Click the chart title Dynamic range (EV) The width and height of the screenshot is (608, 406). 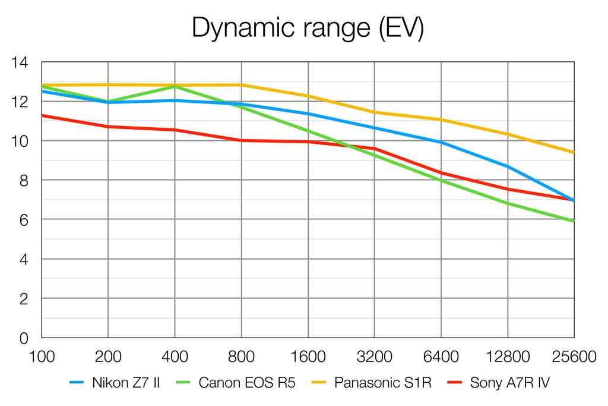[x=308, y=28]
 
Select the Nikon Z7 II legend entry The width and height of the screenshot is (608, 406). [x=125, y=382]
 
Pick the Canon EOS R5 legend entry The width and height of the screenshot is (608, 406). [x=246, y=382]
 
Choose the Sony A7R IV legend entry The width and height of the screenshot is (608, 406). [x=509, y=382]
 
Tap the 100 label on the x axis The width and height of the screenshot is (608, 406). [x=42, y=357]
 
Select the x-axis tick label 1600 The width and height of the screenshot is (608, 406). [x=308, y=357]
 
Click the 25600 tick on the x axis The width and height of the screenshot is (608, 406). [x=573, y=357]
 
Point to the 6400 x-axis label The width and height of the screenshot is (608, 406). [x=441, y=357]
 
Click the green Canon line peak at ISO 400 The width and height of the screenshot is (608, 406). [x=175, y=86]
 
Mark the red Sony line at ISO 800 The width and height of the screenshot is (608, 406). [x=242, y=140]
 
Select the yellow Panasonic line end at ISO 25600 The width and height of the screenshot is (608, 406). [x=574, y=153]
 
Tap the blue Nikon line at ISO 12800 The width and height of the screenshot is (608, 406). [x=508, y=166]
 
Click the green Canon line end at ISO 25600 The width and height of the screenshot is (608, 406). [x=574, y=221]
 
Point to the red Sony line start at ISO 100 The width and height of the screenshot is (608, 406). [x=42, y=115]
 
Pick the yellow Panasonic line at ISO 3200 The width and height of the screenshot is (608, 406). [x=375, y=112]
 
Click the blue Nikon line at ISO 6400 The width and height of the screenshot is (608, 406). [x=441, y=142]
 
